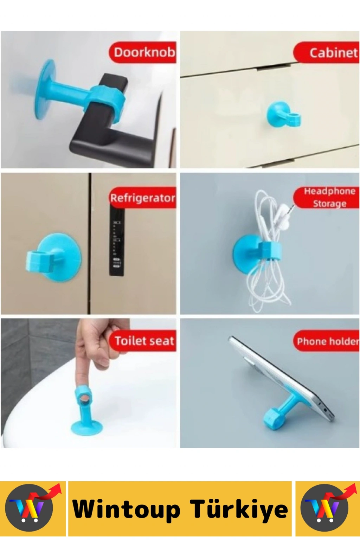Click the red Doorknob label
[142, 52]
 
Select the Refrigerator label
[142, 198]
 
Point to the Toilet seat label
[143, 341]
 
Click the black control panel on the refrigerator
[117, 241]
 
